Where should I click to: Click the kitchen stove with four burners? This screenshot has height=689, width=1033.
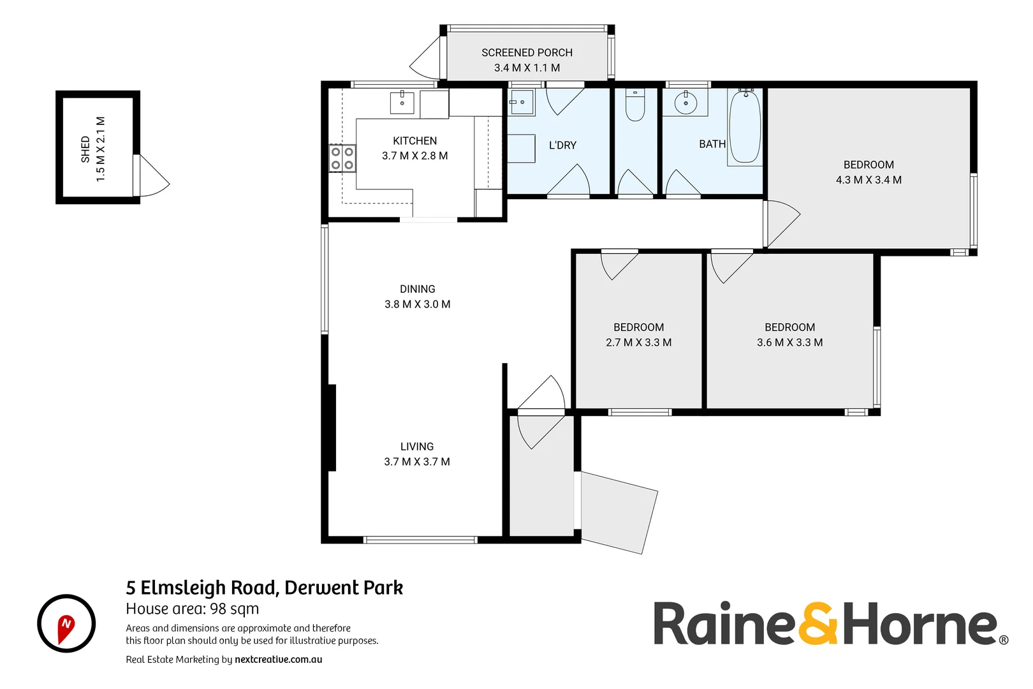pos(342,158)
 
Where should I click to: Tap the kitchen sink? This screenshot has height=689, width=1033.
pos(402,103)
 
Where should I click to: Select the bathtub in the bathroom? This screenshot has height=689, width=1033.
pos(745,127)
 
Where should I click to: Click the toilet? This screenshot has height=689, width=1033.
pos(635,105)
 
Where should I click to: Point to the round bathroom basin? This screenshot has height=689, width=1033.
pos(685,103)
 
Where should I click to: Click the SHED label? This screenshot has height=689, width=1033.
pos(85,149)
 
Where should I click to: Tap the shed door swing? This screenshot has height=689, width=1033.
pos(152,177)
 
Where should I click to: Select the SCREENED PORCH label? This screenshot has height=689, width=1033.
pos(527,52)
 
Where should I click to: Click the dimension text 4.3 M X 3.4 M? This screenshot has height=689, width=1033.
pos(868,180)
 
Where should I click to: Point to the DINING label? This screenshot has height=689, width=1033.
pos(417,289)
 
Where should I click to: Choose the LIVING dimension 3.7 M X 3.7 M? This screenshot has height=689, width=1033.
pos(417,462)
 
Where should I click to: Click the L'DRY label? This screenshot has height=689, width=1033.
pos(562,145)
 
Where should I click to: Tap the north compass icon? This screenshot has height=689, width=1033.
pos(66,624)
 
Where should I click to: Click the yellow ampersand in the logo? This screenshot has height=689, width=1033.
pos(818,623)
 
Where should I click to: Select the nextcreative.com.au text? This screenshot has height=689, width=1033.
pos(278,660)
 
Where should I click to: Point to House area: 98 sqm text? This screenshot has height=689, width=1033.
pos(193,609)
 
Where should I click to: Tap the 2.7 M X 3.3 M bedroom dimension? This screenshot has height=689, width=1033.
pos(638,343)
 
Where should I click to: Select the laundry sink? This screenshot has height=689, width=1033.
pos(522,102)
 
